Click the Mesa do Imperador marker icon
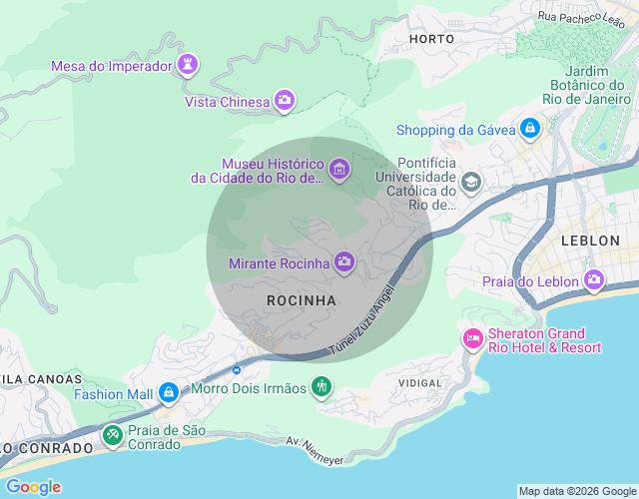[x=187, y=66]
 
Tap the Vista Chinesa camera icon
[x=285, y=101]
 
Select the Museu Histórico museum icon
[x=339, y=171]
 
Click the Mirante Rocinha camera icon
[x=344, y=262]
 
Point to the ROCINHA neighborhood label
[x=302, y=299]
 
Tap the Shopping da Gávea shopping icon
[x=529, y=129]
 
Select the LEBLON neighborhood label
[x=590, y=241]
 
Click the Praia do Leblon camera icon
[x=595, y=280]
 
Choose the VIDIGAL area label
[x=419, y=382]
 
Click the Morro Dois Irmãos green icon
[x=320, y=386]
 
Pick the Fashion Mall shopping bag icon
[x=169, y=393]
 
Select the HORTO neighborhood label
[x=431, y=38]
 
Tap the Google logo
[x=32, y=486]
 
